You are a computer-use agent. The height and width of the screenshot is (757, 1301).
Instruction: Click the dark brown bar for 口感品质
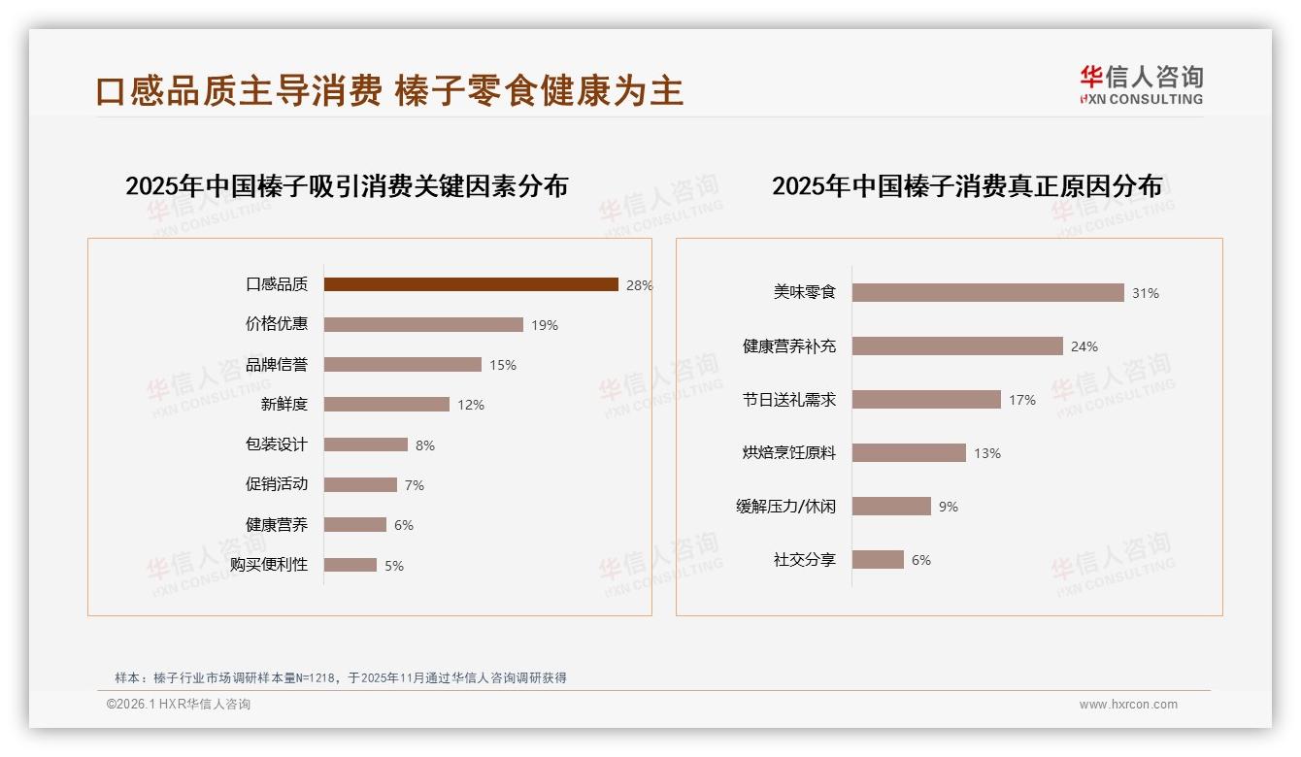(x=471, y=284)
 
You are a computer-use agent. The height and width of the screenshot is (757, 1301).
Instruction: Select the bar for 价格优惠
(x=423, y=325)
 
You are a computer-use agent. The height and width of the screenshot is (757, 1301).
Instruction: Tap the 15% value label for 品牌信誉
(x=503, y=366)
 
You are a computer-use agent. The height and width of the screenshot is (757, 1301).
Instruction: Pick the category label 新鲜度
(x=284, y=405)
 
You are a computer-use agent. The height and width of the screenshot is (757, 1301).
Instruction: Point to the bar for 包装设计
(x=366, y=444)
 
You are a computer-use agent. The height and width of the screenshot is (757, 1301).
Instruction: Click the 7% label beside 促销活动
(x=415, y=485)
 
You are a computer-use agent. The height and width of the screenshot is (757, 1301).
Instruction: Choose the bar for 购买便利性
(x=350, y=565)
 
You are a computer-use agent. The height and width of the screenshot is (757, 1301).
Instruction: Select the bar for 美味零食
(x=987, y=292)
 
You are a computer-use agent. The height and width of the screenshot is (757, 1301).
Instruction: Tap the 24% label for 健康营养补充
(x=1084, y=346)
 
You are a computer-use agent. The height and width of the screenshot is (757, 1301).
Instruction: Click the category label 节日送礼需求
(x=788, y=400)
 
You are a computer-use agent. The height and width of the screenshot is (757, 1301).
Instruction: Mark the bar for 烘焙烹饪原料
(x=909, y=452)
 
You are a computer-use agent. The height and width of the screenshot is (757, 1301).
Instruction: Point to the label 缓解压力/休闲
(x=785, y=507)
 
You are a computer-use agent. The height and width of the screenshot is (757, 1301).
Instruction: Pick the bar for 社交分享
(x=878, y=560)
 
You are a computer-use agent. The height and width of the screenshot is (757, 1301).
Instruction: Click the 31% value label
(x=1146, y=293)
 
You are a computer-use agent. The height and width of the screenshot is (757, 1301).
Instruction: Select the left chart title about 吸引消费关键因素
(x=347, y=186)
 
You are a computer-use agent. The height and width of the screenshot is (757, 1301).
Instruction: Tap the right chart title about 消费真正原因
(x=967, y=186)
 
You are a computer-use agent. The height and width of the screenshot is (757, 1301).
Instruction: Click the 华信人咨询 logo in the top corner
(x=1141, y=85)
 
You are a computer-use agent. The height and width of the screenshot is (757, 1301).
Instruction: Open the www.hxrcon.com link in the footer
(x=1128, y=705)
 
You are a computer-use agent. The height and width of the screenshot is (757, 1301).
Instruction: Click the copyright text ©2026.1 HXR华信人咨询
(x=179, y=705)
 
